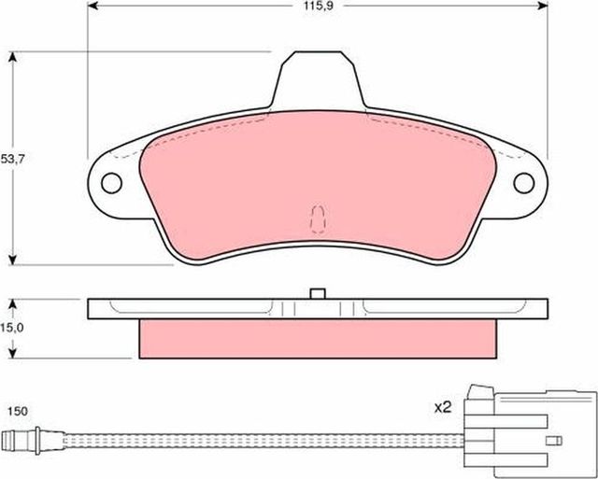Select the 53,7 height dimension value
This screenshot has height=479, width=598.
(x=13, y=160)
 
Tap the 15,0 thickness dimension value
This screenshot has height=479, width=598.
(x=13, y=330)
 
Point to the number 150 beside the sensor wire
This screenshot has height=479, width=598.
(x=17, y=411)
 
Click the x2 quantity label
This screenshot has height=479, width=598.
(x=443, y=407)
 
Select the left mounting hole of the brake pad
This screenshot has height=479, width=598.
(x=112, y=183)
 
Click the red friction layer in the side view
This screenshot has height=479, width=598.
(x=317, y=338)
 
